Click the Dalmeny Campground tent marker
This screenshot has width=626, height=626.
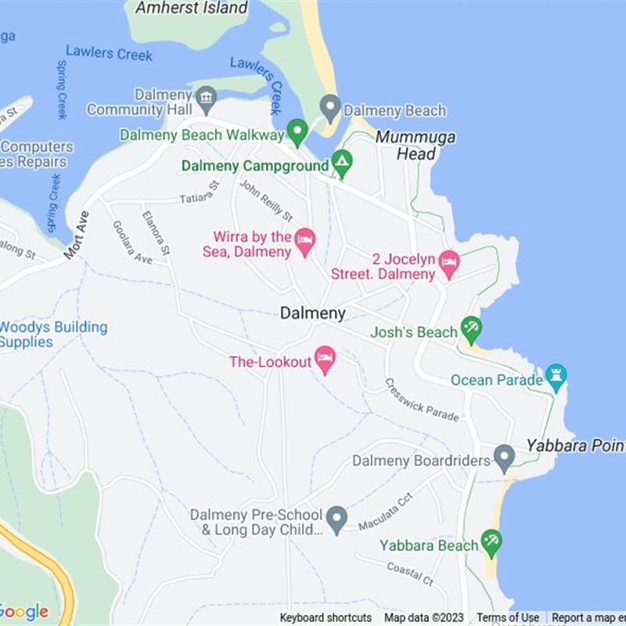tap(341, 164)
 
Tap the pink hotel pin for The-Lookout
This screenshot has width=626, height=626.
tap(325, 360)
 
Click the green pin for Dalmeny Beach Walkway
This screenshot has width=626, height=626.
tap(297, 131)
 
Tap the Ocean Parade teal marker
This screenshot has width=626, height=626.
tap(556, 377)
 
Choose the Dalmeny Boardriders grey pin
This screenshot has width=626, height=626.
tap(504, 458)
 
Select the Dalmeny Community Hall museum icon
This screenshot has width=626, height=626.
tap(206, 99)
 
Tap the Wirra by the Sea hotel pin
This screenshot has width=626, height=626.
tap(304, 241)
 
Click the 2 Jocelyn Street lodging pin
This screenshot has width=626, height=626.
tap(448, 264)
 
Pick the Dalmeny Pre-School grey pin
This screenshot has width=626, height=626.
tap(336, 519)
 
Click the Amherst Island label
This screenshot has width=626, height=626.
tap(192, 9)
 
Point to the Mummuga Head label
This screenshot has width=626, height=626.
tap(416, 146)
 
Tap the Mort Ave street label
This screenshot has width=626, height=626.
tap(77, 235)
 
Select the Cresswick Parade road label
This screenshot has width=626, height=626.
tap(422, 400)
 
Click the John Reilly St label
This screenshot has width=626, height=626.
tap(266, 201)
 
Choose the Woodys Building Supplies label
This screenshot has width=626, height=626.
tap(53, 334)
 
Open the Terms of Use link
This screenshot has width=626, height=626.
tap(508, 617)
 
